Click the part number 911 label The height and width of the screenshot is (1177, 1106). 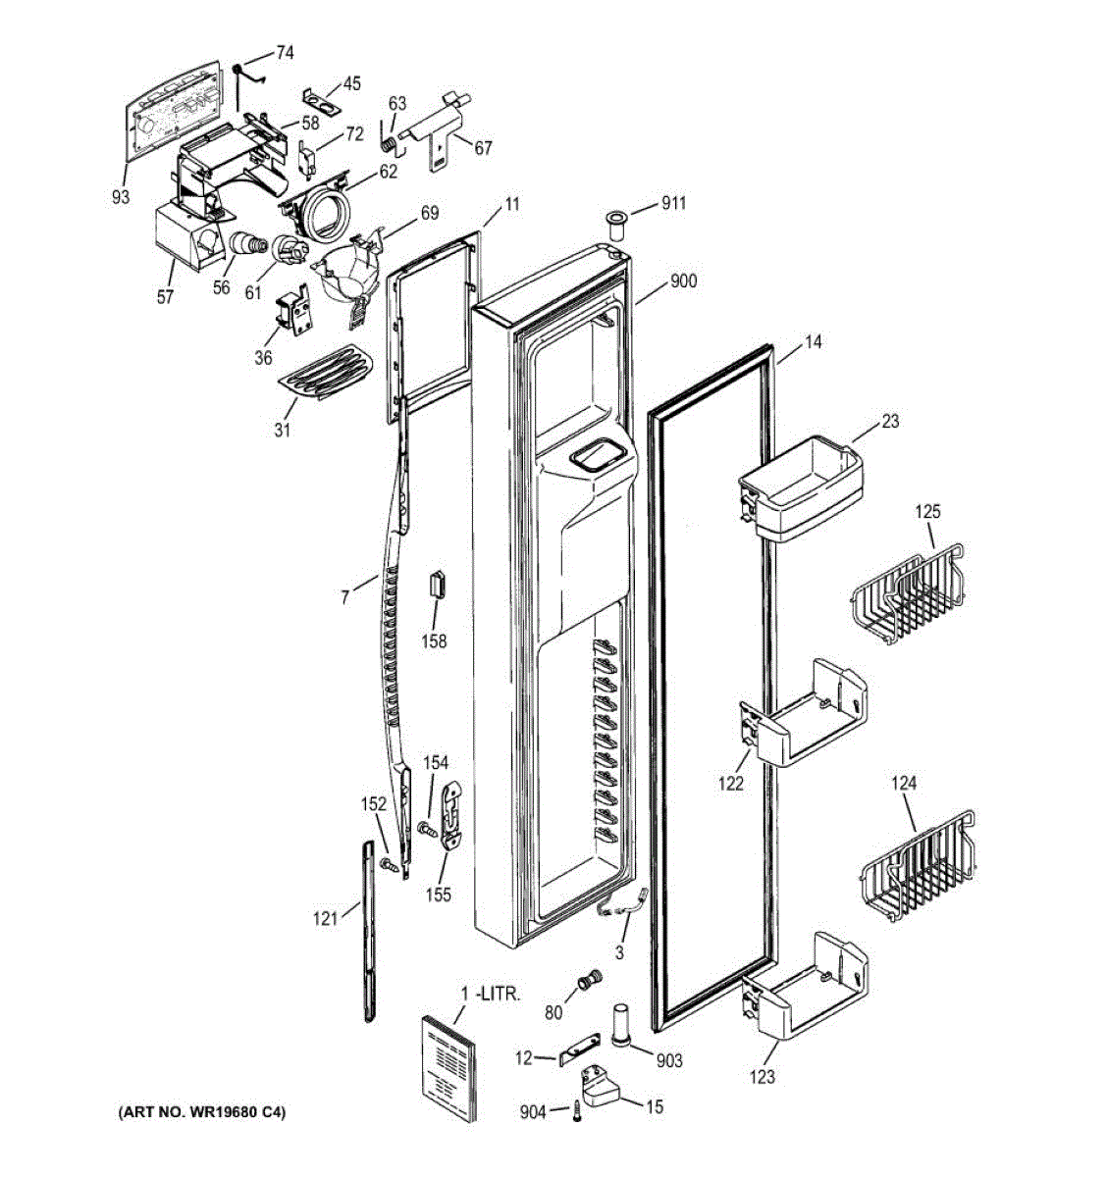pyautogui.click(x=673, y=204)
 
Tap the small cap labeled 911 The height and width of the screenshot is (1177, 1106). pyautogui.click(x=616, y=224)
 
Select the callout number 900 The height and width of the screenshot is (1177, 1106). pyautogui.click(x=683, y=281)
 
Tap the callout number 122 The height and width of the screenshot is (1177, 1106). pyautogui.click(x=730, y=783)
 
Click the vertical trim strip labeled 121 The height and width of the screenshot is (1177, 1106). pyautogui.click(x=370, y=932)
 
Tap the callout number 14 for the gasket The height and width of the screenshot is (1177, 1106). pyautogui.click(x=813, y=342)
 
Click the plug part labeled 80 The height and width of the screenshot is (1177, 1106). pyautogui.click(x=589, y=980)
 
